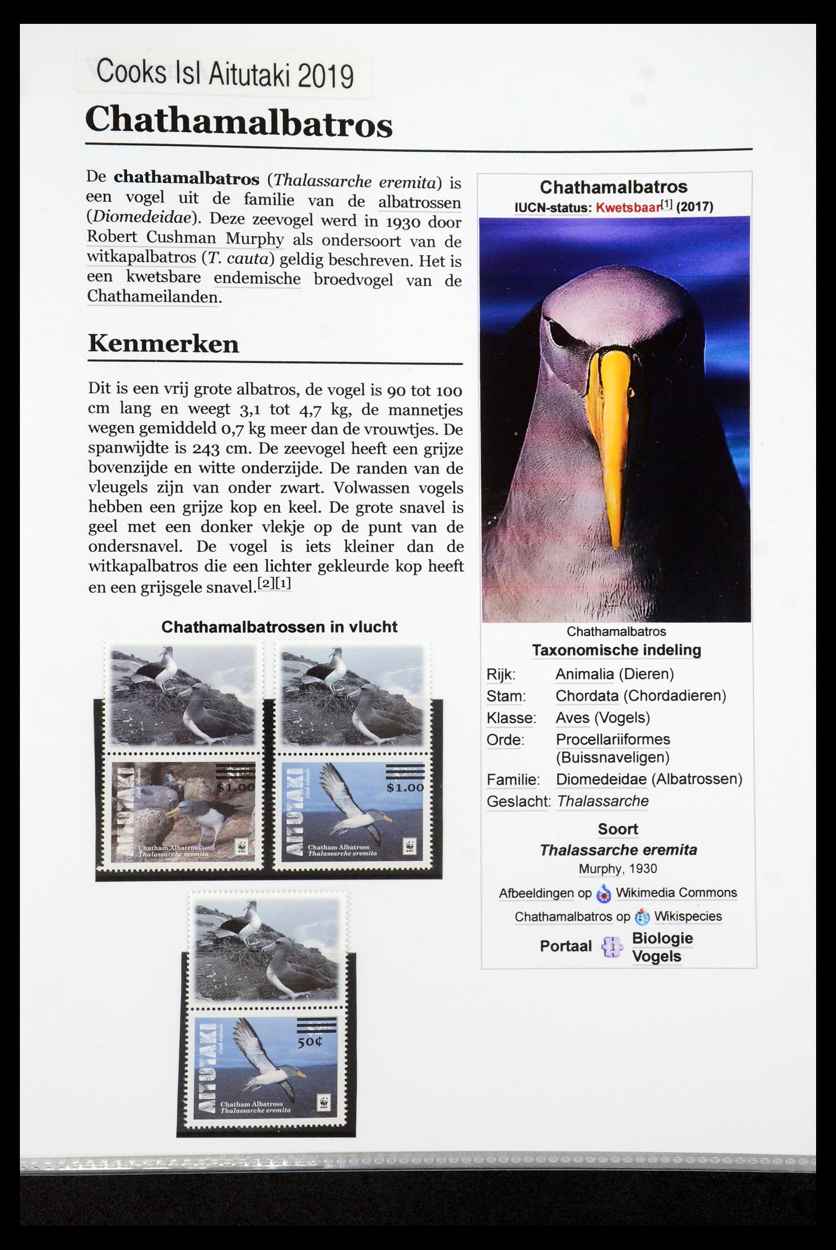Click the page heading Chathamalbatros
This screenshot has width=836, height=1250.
coord(238,122)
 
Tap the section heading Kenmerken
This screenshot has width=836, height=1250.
coord(163,344)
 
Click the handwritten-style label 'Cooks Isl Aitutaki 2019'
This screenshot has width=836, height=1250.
coord(224,74)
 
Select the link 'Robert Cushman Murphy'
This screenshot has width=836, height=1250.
coord(185,238)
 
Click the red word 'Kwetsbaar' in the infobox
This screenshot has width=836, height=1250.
coord(627,207)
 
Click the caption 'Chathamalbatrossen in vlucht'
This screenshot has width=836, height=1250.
coord(279,627)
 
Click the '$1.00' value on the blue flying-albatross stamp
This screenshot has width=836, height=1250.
coord(405,787)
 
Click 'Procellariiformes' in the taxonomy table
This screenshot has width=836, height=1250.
coord(613,739)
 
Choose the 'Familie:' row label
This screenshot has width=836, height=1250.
coord(513,780)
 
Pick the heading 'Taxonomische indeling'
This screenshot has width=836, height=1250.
coord(617,650)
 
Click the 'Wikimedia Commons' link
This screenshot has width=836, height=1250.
coord(676,892)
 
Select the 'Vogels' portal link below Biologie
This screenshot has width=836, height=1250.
coord(656,956)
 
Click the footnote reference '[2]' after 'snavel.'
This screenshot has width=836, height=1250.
coord(265,583)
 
